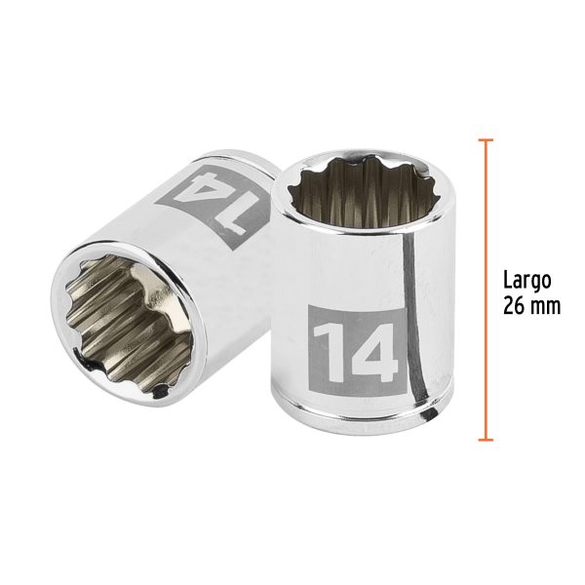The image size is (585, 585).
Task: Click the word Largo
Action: coord(527,280)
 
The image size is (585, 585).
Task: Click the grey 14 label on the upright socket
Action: coord(355,344)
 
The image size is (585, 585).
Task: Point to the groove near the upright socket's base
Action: coord(353,400)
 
